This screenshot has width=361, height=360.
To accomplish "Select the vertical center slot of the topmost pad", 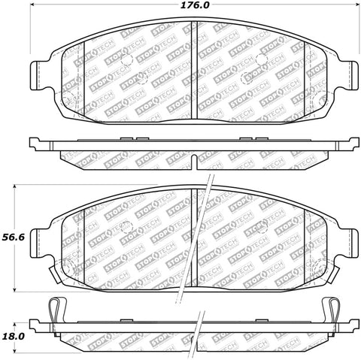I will pyautogui.click(x=195, y=68).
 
